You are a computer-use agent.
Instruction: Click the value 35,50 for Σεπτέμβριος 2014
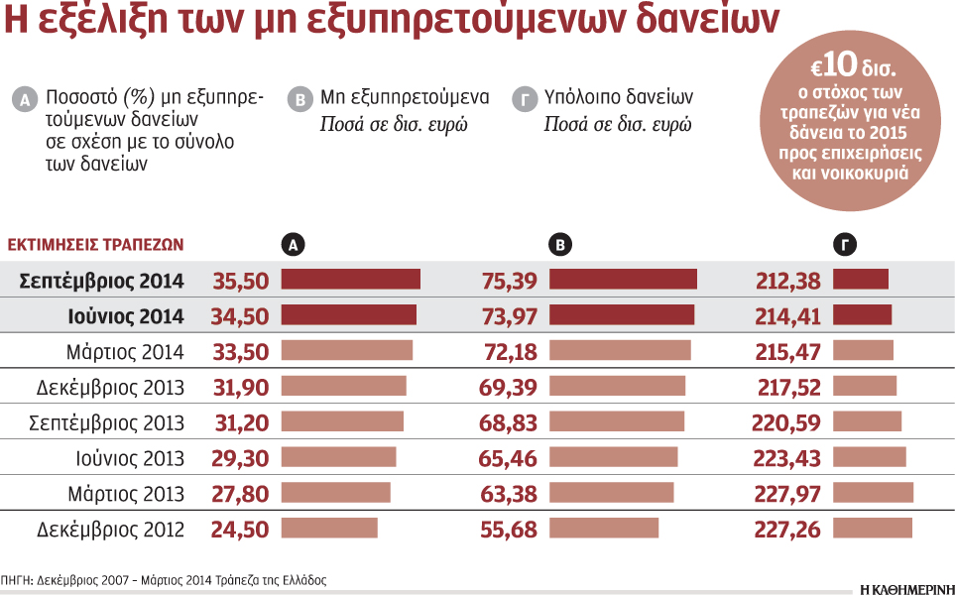coord(240,281)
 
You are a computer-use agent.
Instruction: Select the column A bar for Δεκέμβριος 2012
coord(329,529)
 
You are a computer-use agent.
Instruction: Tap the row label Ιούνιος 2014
coord(126,316)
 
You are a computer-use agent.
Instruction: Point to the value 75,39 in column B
coord(508,281)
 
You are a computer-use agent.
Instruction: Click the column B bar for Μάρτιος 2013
coord(611,493)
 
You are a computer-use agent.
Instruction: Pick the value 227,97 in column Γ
coord(787,493)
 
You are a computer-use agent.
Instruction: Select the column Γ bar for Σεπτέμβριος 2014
coord(860,281)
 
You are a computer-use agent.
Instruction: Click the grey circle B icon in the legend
coord(298,99)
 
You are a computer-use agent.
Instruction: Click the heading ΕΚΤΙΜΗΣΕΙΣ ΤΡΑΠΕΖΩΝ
coord(95,245)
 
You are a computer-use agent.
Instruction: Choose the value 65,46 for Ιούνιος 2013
coord(508,458)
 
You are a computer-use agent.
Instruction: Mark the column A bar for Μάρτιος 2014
coord(346,351)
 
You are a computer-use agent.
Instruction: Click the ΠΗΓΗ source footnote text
coord(164,580)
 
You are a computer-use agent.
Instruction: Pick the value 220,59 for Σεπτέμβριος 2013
coord(787,423)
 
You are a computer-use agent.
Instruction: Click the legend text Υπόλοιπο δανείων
coord(618,97)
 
